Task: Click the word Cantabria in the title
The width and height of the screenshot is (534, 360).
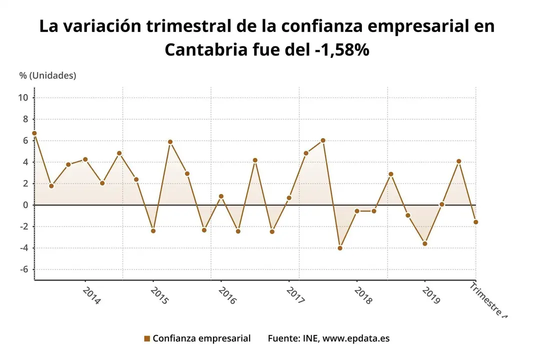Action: point(206,50)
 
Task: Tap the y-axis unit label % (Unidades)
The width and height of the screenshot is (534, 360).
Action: point(48,75)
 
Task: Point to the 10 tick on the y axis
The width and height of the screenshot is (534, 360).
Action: point(23,97)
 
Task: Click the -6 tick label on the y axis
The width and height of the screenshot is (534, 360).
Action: point(23,269)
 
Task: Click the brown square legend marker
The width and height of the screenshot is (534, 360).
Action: point(147,338)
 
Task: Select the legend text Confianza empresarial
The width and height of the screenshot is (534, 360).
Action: point(201,338)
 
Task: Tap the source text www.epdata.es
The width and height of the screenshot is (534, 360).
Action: point(355,338)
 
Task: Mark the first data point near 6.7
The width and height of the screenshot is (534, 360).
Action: point(34,133)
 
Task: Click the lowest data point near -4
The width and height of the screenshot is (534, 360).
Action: point(340,248)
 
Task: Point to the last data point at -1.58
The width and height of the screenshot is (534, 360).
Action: point(476,222)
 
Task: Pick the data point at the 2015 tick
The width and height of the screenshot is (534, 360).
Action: point(153,231)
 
